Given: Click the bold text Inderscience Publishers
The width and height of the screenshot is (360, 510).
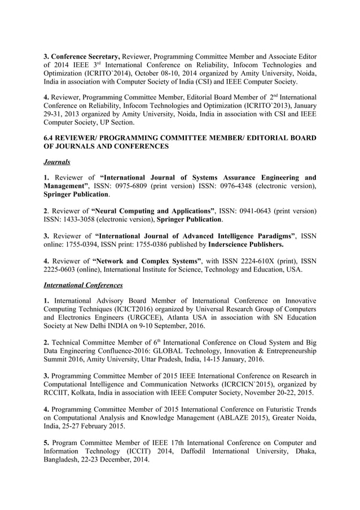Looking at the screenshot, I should pos(246,245).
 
